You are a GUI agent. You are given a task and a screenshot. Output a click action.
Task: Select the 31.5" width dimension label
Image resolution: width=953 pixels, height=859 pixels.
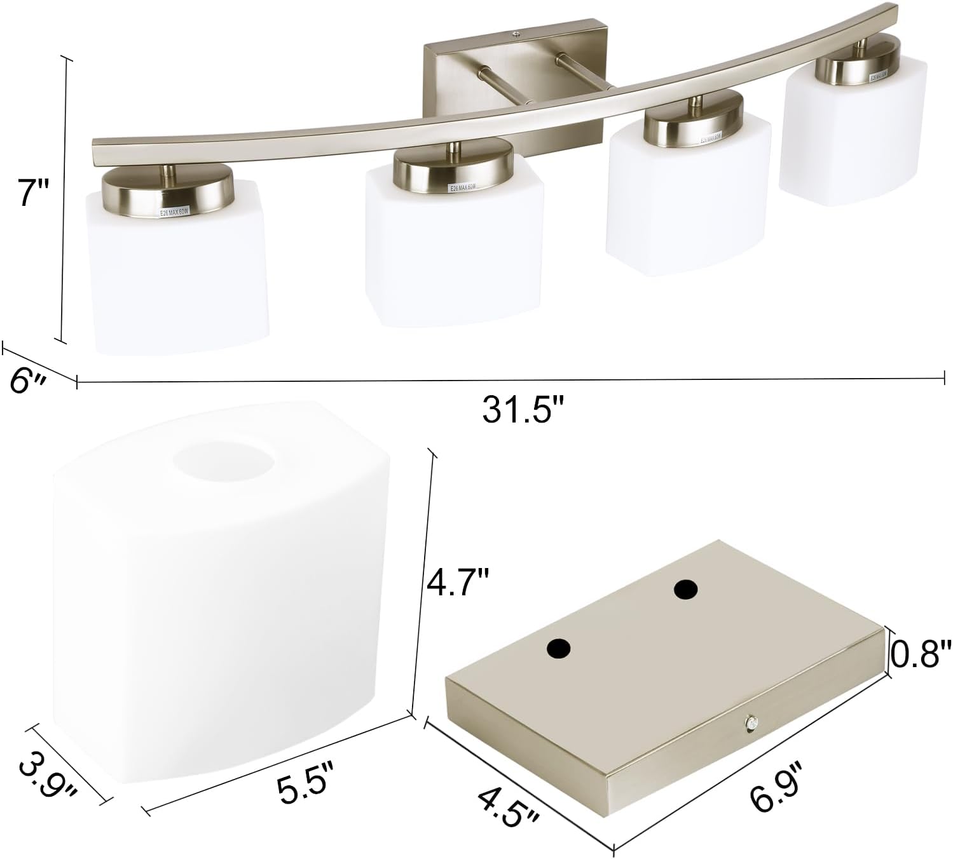coord(523,410)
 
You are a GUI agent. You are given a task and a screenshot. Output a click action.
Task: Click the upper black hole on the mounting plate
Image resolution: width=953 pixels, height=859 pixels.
coord(685,590)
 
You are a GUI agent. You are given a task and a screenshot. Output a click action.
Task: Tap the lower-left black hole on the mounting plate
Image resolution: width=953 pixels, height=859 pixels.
coord(559,649)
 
